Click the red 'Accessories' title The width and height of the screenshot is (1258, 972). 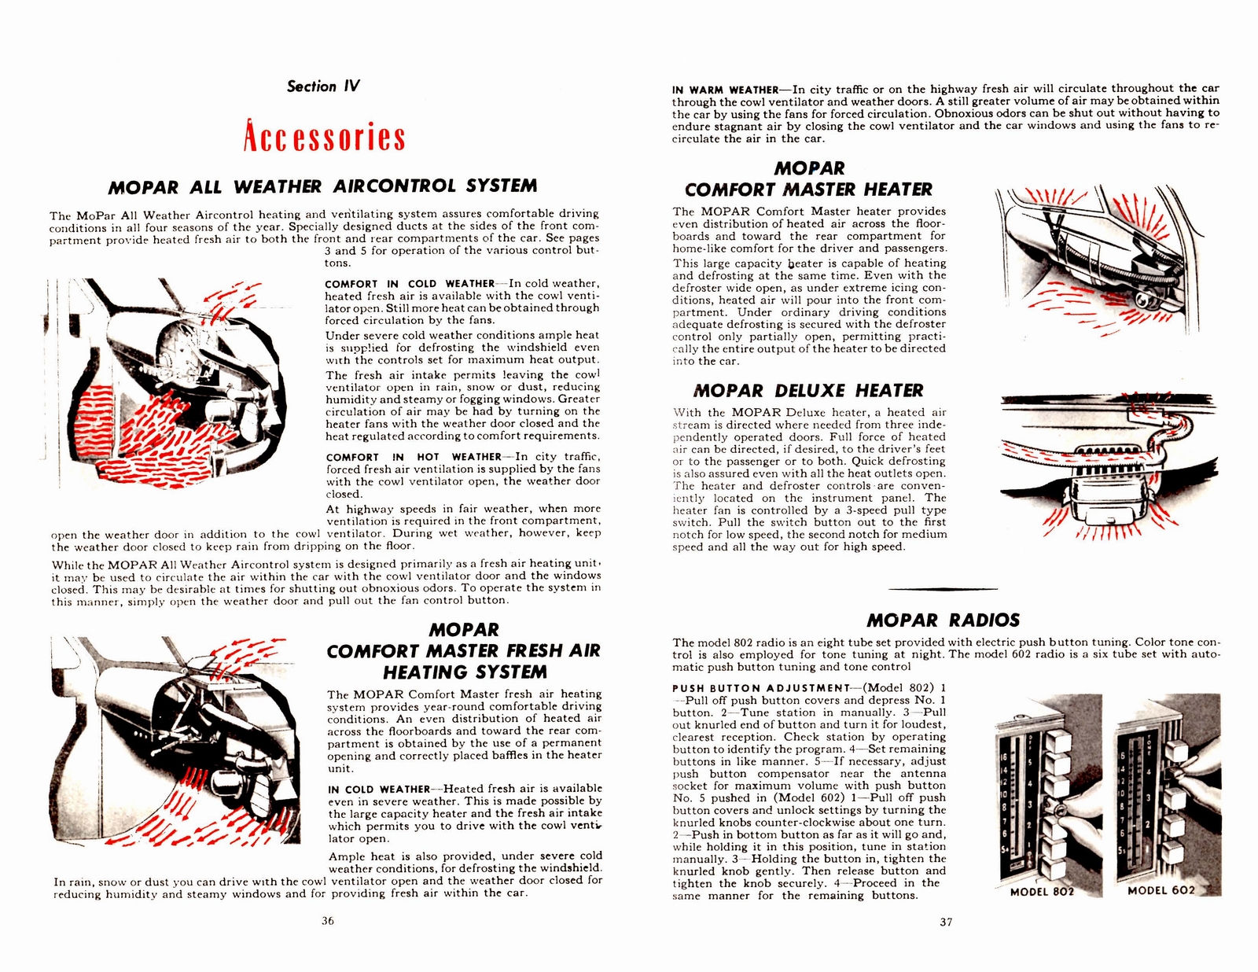pyautogui.click(x=323, y=137)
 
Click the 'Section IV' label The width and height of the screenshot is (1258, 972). pyautogui.click(x=323, y=87)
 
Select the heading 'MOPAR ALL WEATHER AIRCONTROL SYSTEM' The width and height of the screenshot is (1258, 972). pyautogui.click(x=323, y=186)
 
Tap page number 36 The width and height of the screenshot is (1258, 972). pyautogui.click(x=328, y=921)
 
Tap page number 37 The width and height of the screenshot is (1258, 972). pyautogui.click(x=946, y=922)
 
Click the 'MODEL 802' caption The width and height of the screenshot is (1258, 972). pyautogui.click(x=1042, y=891)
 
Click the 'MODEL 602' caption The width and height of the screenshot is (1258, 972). pyautogui.click(x=1161, y=890)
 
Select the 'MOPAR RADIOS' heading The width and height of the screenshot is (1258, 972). pyautogui.click(x=943, y=620)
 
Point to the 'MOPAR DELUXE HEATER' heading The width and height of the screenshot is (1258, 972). pyautogui.click(x=808, y=391)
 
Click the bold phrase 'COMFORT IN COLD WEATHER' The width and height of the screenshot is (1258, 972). pyautogui.click(x=409, y=284)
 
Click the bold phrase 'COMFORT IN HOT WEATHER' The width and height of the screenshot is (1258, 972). pyautogui.click(x=413, y=457)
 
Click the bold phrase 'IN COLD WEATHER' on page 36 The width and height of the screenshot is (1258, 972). pyautogui.click(x=379, y=789)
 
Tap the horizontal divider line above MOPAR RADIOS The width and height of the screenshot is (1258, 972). pyautogui.click(x=943, y=589)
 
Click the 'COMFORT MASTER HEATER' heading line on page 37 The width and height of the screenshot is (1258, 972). pyautogui.click(x=808, y=190)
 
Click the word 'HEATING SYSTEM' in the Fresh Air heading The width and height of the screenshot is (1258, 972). pyautogui.click(x=465, y=672)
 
